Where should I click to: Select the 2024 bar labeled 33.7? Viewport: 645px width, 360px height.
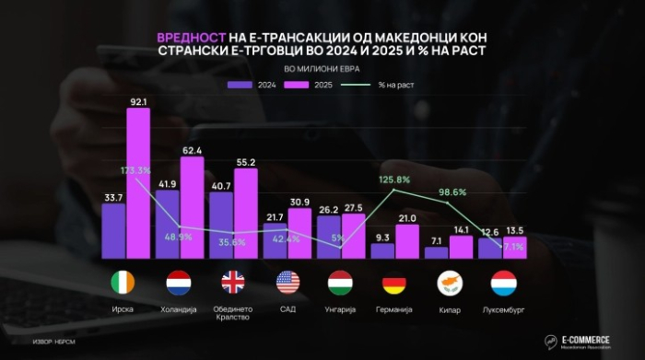tap(112, 230)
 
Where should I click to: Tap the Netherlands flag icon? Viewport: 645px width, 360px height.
tap(177, 283)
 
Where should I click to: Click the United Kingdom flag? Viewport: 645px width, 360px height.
tap(233, 283)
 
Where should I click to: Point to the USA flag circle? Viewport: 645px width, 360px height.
tap(287, 283)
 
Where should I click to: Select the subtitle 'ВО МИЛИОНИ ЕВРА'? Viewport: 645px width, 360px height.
tap(322, 69)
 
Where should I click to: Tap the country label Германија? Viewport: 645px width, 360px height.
tap(395, 309)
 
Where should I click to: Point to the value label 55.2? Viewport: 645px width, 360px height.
tap(245, 162)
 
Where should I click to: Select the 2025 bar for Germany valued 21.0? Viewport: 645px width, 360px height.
tap(407, 241)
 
